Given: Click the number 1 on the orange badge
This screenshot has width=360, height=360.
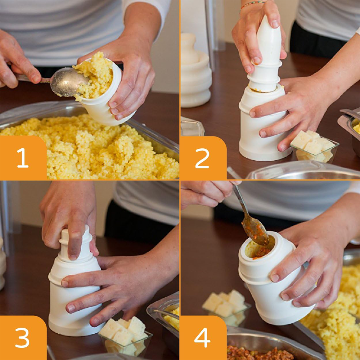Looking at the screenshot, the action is coord(23,158).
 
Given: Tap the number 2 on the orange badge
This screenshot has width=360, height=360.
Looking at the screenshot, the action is coord(202,158).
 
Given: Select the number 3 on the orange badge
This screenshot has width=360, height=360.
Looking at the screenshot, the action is coord(22,338).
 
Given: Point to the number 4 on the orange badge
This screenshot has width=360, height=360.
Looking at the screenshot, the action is coord(202,338).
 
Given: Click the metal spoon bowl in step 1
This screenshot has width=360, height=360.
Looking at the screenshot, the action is coord(68,82).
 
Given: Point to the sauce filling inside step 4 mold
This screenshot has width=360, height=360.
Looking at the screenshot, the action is coord(262,251).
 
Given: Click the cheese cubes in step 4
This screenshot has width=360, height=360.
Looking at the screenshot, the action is coord(226,303).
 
